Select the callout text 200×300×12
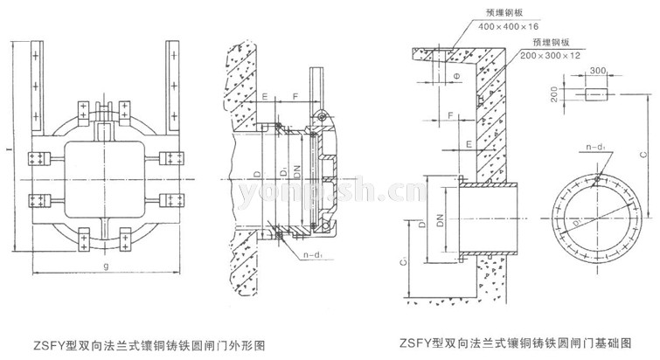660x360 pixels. click(x=550, y=54)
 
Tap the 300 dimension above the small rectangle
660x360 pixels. click(x=597, y=72)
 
